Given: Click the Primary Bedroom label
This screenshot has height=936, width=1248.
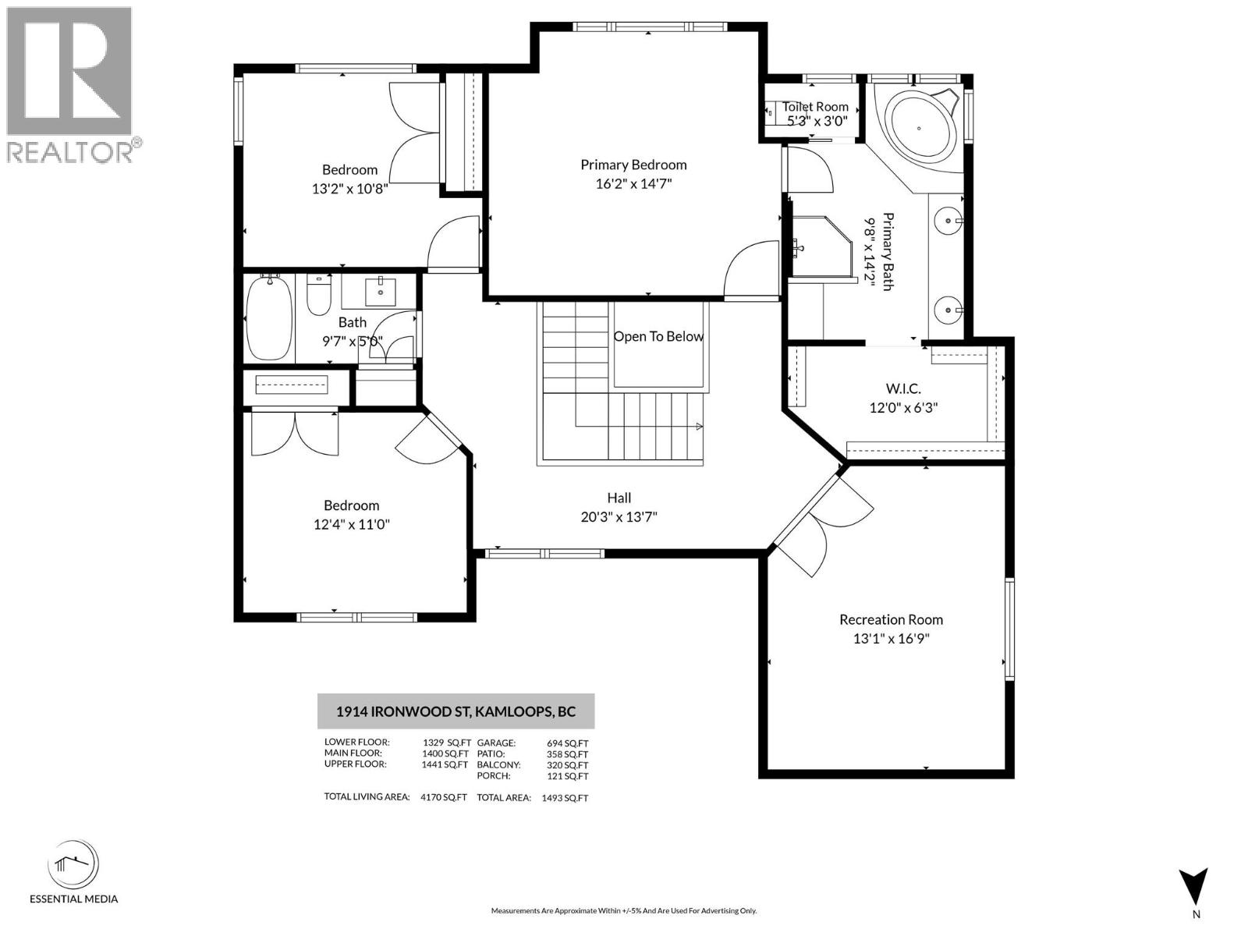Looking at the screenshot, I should pos(633,165).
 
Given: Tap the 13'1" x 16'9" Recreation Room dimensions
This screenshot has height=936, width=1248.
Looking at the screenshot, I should pos(891,639).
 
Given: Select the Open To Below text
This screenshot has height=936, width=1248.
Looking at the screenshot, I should pos(658,336).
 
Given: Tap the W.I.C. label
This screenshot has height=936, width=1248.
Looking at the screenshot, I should pos(903,388).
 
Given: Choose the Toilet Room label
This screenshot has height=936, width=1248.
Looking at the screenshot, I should pos(815,107).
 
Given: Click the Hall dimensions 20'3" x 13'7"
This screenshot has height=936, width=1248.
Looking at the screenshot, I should pos(619,516).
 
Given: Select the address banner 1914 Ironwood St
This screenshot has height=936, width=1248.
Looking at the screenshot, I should pos(456,711).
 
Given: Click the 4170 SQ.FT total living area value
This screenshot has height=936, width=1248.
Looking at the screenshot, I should pos(443,797).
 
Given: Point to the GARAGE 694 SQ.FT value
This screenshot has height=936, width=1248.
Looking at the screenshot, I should pos(568,743).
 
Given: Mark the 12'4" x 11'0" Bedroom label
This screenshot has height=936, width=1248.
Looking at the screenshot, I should pos(351,505).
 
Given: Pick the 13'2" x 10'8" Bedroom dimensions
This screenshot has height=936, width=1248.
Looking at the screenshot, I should pos(349,188).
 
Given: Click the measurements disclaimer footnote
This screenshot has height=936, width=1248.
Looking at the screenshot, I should pos(623,910).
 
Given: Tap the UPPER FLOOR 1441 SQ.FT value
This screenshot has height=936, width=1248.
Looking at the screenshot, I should pos(445,764).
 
